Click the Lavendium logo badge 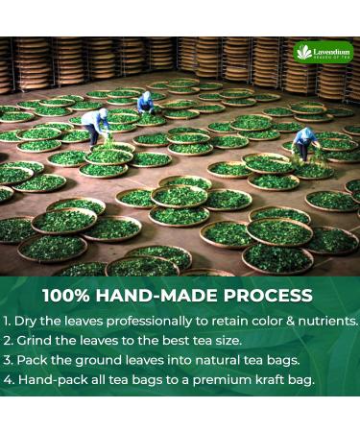click(324, 53)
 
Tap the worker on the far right click(305, 142)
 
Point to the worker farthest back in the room click(145, 102)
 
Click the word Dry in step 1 click(25, 321)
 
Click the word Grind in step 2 click(31, 340)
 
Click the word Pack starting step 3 click(31, 360)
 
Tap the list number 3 click(7, 360)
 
